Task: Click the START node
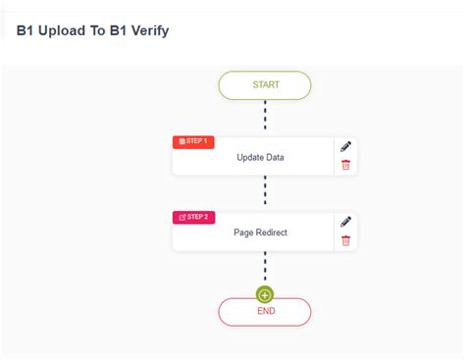[x=265, y=85]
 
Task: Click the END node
[x=265, y=312]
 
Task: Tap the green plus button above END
[x=265, y=294]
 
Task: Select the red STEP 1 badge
[x=193, y=142]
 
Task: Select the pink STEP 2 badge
[x=193, y=217]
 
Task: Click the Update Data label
[x=259, y=158]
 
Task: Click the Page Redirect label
[x=260, y=232]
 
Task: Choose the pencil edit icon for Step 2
[x=345, y=222]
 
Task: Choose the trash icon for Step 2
[x=345, y=241]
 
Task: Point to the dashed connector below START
[x=265, y=115]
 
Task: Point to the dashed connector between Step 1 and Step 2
[x=265, y=193]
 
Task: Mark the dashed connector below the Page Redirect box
[x=265, y=267]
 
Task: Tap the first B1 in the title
[x=26, y=30]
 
